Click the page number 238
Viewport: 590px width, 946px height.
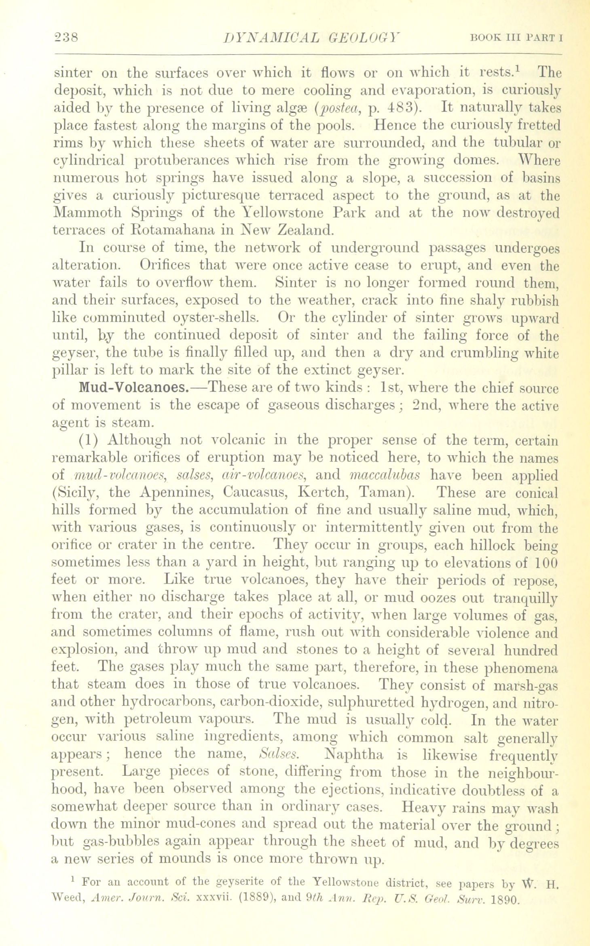click(x=68, y=38)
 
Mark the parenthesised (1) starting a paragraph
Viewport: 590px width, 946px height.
click(x=89, y=440)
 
